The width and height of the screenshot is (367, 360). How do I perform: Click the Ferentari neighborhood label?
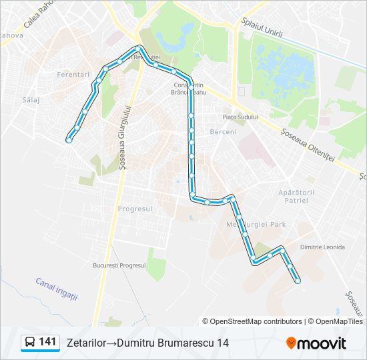click(73, 75)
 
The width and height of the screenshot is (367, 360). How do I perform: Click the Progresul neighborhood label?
click(135, 209)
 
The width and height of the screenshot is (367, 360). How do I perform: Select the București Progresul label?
click(119, 265)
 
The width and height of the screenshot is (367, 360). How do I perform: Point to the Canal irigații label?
click(57, 289)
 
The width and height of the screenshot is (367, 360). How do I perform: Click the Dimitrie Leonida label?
click(323, 247)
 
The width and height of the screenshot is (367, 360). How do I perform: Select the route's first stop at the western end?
click(68, 139)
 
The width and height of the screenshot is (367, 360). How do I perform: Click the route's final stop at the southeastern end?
click(297, 281)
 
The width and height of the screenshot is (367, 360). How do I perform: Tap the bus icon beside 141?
click(30, 343)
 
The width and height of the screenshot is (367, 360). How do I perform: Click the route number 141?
click(47, 342)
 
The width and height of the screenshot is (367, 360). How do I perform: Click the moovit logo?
click(316, 343)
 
